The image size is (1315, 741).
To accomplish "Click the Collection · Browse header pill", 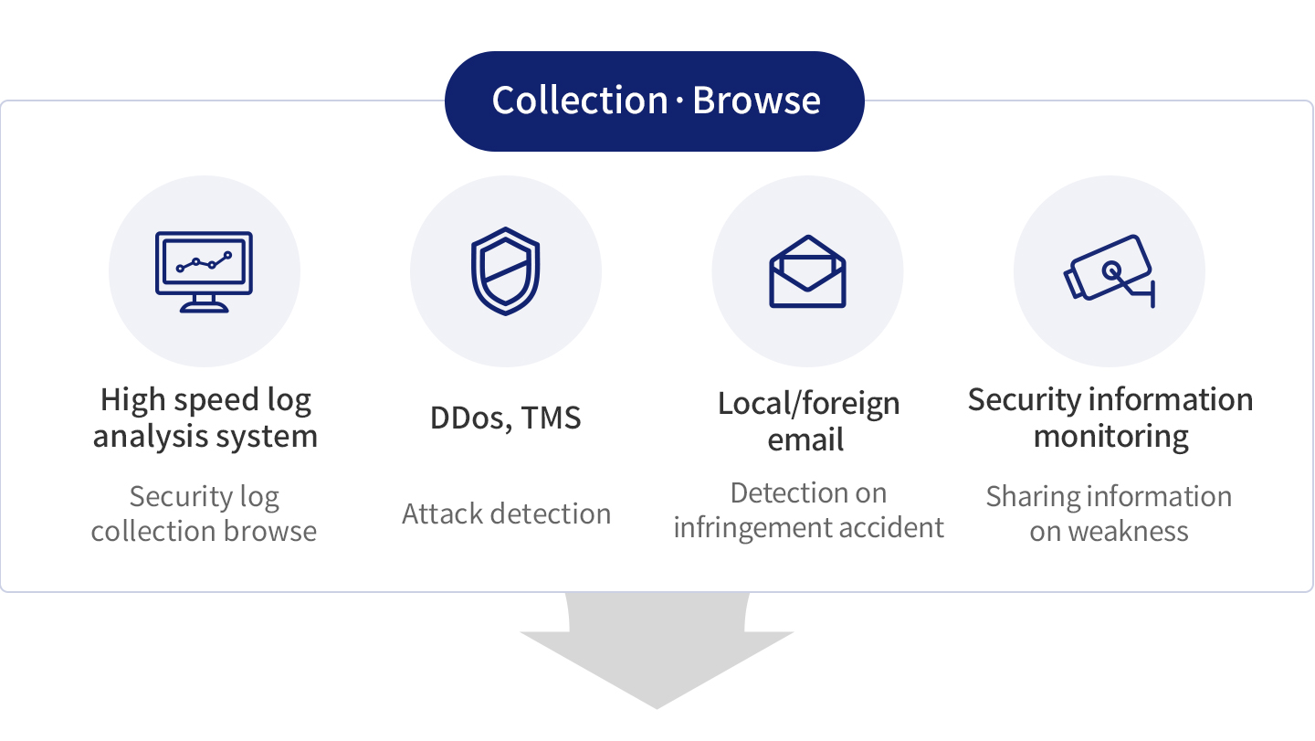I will pyautogui.click(x=654, y=101).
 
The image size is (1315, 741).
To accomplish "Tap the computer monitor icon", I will pyautogui.click(x=204, y=270).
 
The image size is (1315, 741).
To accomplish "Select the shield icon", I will pyautogui.click(x=505, y=270).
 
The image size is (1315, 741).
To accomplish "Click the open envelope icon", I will pyautogui.click(x=807, y=271).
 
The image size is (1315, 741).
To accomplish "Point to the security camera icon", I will pyautogui.click(x=1110, y=270).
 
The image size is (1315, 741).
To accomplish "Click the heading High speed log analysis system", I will pyautogui.click(x=205, y=418).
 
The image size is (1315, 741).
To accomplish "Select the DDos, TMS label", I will pyautogui.click(x=505, y=418).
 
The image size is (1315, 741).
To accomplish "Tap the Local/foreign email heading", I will pyautogui.click(x=808, y=420).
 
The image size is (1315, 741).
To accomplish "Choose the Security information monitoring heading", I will pyautogui.click(x=1110, y=418).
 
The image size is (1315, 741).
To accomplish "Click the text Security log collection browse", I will pyautogui.click(x=204, y=513).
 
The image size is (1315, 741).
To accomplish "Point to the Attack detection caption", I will pyautogui.click(x=506, y=513).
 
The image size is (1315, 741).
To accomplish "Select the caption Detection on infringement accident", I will pyautogui.click(x=808, y=510).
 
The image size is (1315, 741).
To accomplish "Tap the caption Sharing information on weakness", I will pyautogui.click(x=1109, y=513).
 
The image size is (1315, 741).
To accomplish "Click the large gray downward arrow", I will pyautogui.click(x=657, y=653).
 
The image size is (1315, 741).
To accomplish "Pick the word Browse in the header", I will pyautogui.click(x=756, y=101).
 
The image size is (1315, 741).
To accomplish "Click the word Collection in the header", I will pyautogui.click(x=580, y=101).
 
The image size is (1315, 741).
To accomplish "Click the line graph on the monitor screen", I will pyautogui.click(x=205, y=262).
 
